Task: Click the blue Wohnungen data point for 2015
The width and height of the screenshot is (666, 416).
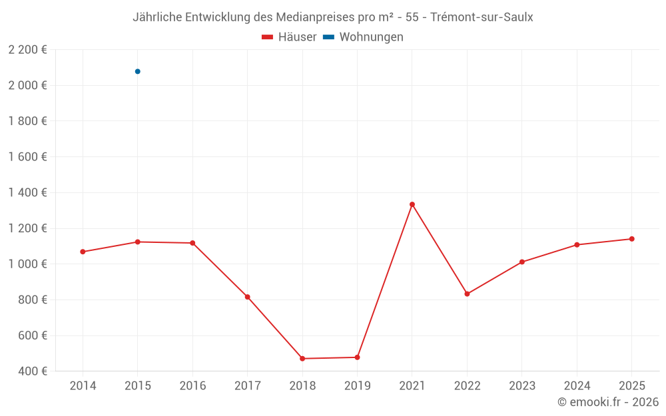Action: (x=138, y=71)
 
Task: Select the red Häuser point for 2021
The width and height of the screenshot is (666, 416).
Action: (x=412, y=204)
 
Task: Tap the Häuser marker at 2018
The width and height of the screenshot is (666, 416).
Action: (x=302, y=359)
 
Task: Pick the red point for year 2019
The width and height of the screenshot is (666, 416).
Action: (x=357, y=357)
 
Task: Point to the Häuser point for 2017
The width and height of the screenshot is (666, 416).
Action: (x=248, y=297)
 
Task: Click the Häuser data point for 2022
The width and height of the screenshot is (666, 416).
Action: (x=467, y=294)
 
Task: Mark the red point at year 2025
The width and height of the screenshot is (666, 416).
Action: (x=631, y=239)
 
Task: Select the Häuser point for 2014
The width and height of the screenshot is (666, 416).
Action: (x=83, y=252)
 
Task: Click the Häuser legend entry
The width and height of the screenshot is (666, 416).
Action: (x=289, y=37)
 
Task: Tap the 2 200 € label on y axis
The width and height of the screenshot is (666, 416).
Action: (x=27, y=49)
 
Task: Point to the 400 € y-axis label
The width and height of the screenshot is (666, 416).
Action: (x=31, y=371)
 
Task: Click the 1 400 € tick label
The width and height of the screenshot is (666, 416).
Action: (x=27, y=192)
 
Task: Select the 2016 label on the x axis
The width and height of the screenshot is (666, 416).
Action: (x=192, y=386)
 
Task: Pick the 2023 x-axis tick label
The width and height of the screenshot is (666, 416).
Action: (x=521, y=386)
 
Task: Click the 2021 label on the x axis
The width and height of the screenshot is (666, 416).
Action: (x=412, y=386)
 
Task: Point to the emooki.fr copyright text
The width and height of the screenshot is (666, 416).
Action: (x=608, y=402)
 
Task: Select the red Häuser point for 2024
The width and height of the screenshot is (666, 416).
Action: (x=577, y=245)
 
